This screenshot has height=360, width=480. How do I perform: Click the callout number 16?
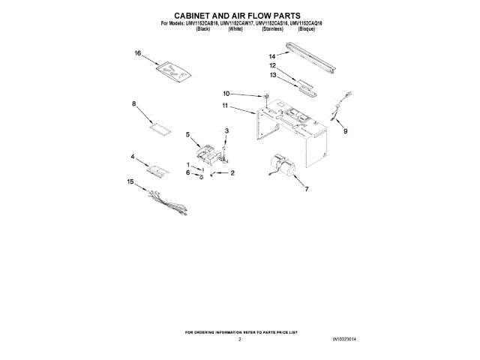pos(138,53)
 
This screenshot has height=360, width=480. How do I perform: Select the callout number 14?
pos(273,56)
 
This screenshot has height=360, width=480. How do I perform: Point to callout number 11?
pos(225,106)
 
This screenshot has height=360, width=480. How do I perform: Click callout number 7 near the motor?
pos(306,190)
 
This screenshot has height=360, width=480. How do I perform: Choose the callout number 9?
pos(346,131)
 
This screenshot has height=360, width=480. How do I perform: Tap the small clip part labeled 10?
pos(265,96)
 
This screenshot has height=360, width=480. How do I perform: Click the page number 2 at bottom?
pos(239,340)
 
